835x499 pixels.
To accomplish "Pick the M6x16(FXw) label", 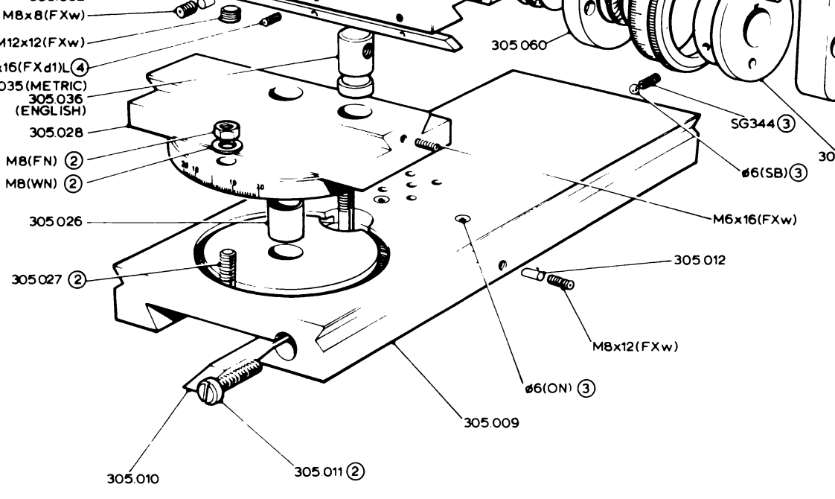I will point(755,219).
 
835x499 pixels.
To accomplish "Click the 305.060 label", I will point(518,45).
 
